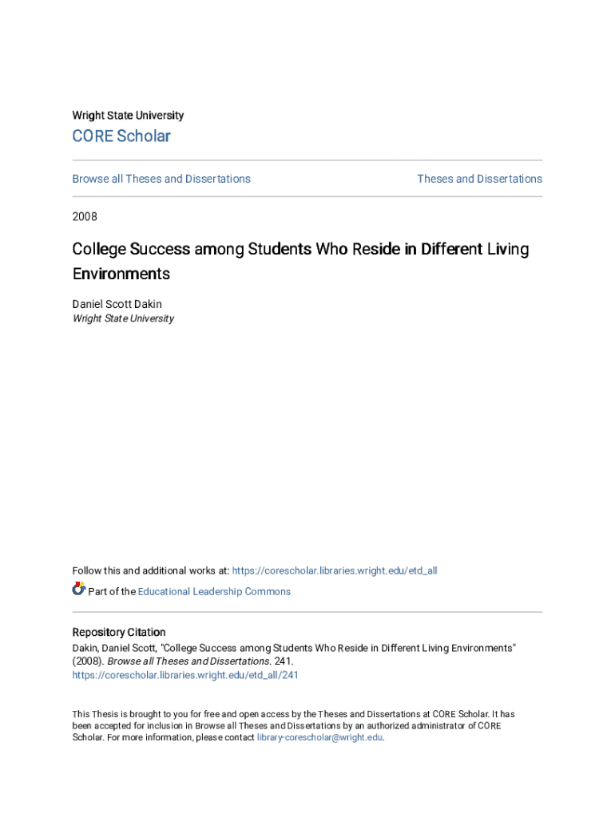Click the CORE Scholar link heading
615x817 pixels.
[x=121, y=136]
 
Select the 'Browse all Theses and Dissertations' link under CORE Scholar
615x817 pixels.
[x=161, y=179]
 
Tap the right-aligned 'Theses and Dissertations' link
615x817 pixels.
[x=479, y=179]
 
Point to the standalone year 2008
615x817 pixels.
[x=85, y=216]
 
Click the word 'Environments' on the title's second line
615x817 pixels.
[x=121, y=274]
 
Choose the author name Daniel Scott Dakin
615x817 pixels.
[x=117, y=304]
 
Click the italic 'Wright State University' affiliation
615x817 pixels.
[x=123, y=318]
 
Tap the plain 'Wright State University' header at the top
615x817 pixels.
[x=128, y=116]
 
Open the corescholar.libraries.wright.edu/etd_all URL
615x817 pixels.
[x=335, y=570]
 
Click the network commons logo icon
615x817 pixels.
[x=78, y=590]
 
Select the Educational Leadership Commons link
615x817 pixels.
[x=214, y=591]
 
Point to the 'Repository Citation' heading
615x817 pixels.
[x=119, y=633]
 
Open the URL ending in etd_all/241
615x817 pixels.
[x=185, y=675]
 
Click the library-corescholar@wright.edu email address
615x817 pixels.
[x=319, y=737]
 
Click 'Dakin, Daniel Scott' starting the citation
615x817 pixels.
[x=113, y=648]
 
